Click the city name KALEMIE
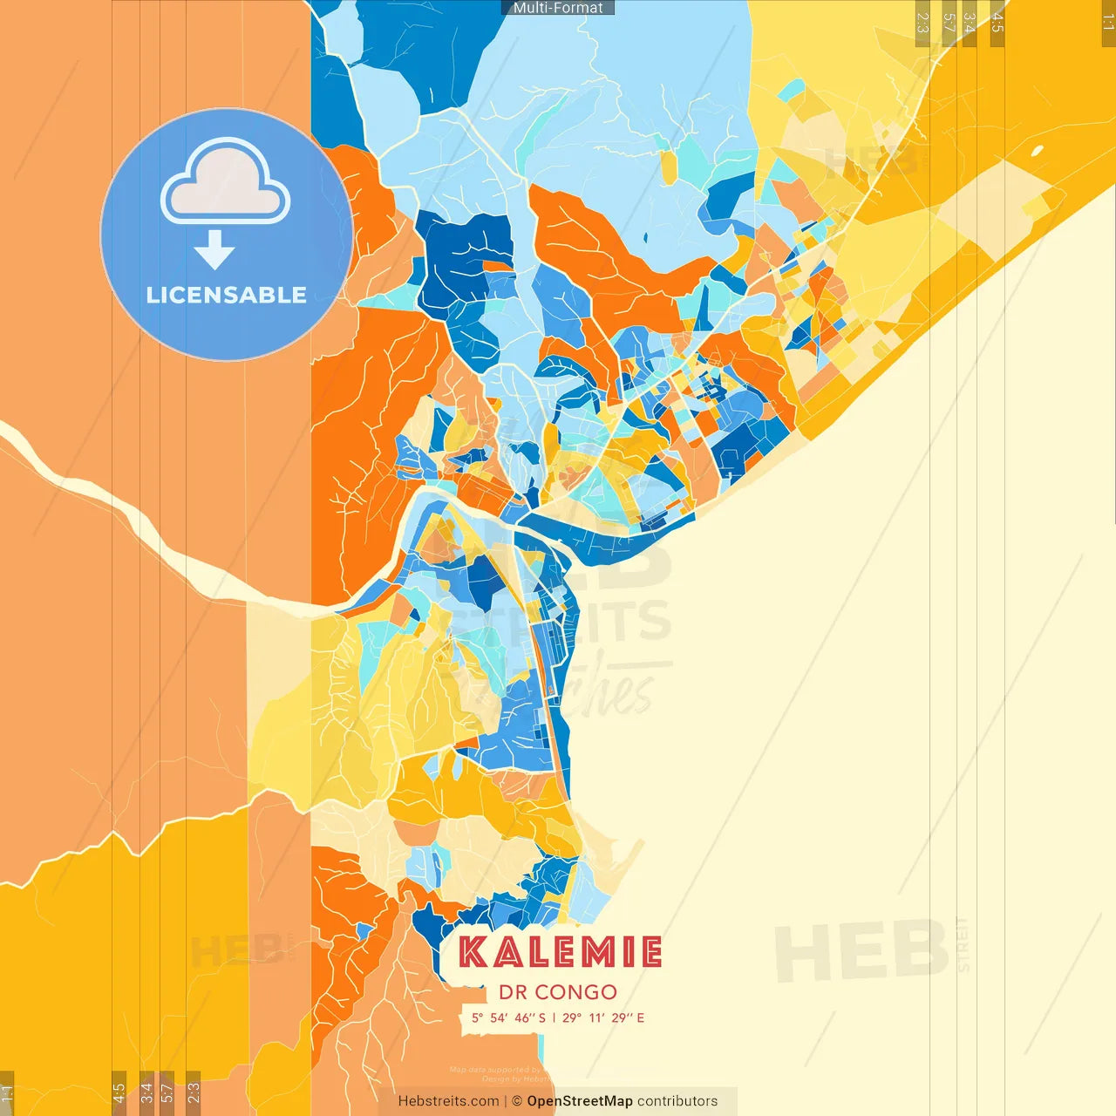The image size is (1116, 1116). [560, 952]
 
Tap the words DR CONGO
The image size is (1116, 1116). [558, 992]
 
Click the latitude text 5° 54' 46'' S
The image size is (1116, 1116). [508, 1017]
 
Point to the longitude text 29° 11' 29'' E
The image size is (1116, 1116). [603, 1017]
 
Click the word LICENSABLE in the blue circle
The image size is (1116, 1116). [226, 295]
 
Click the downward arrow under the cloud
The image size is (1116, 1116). [214, 252]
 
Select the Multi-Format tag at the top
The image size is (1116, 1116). [558, 8]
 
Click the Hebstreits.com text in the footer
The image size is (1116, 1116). [448, 1101]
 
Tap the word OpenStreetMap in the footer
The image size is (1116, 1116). [579, 1101]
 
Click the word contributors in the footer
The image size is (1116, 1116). [677, 1101]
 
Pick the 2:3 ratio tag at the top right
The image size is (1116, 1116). [922, 23]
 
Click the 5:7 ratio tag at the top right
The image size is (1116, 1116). [949, 23]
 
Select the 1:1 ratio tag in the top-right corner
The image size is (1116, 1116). [1107, 23]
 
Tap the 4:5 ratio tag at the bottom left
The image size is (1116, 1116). [119, 1093]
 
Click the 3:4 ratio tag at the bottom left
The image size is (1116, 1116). [146, 1093]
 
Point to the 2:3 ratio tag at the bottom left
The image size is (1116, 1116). [194, 1093]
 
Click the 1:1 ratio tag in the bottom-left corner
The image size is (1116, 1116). [7, 1093]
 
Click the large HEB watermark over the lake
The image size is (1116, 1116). [861, 952]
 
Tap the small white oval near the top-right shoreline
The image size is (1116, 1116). [1037, 151]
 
